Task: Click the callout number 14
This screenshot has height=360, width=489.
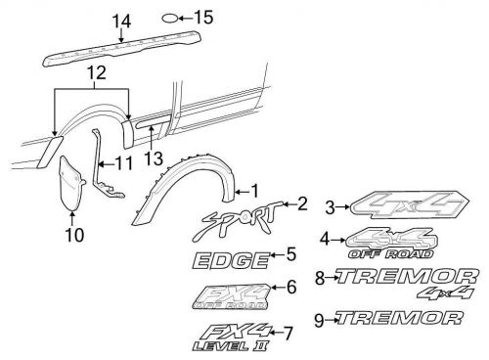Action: coord(120,21)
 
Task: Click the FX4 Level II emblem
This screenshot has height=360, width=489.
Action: coord(230,336)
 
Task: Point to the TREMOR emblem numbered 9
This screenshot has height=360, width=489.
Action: coord(396,318)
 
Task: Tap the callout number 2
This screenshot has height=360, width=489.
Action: coord(302,203)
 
